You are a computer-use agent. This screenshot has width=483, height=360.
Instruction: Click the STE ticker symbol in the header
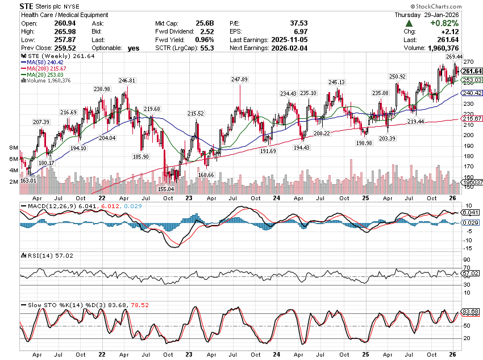pos(26,6)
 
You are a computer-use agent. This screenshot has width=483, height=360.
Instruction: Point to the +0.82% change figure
pos(441,23)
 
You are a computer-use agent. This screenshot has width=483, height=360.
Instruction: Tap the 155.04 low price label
pos(166,188)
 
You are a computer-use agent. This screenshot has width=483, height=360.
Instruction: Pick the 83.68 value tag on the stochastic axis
pos(469,311)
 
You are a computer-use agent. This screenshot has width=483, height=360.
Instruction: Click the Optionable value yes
pos(134,48)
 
